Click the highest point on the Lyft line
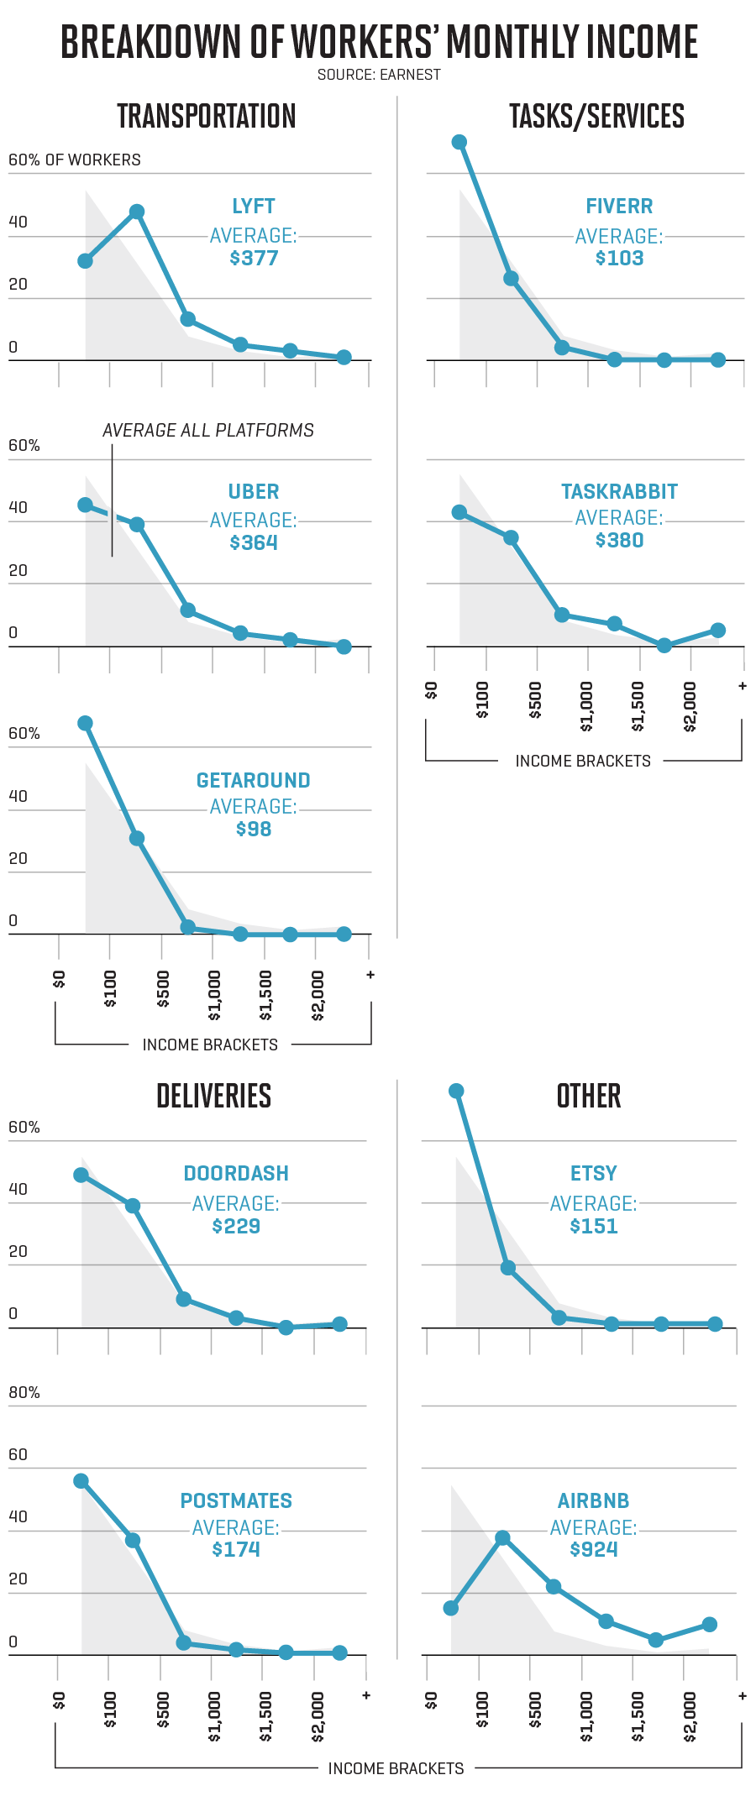137,212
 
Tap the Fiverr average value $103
619,258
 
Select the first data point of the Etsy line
456,1091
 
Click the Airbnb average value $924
593,1549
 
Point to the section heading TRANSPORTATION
206,116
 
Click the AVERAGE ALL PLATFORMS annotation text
208,430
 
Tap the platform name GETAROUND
253,780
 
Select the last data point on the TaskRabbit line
717,630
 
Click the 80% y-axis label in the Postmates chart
24,1392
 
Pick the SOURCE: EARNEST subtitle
379,75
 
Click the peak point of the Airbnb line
502,1537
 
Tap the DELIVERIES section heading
213,1096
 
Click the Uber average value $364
253,542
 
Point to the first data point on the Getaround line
85,723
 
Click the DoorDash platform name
236,1173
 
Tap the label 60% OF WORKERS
75,160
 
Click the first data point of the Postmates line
81,1480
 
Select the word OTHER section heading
588,1096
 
